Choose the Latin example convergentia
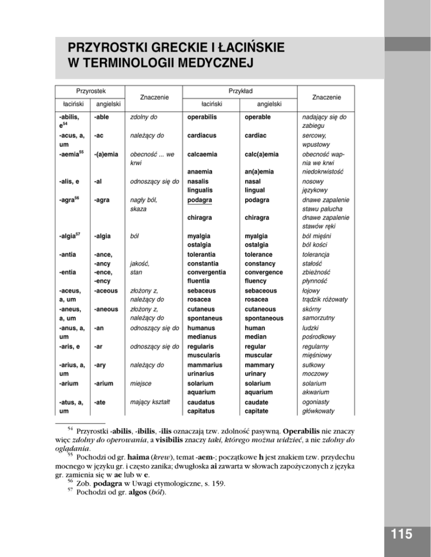click(211, 272)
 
